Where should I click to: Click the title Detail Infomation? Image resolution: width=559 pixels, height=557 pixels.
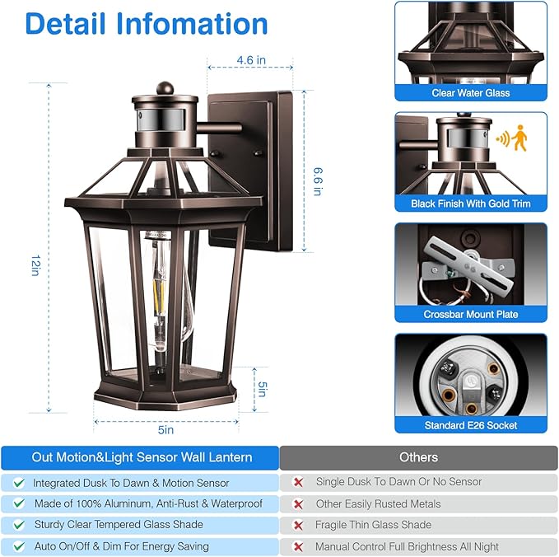(147, 23)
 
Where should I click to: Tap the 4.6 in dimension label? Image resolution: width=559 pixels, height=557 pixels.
(250, 60)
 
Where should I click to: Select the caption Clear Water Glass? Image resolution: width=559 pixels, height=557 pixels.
(470, 93)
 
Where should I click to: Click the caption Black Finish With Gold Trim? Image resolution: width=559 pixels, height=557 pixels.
(470, 204)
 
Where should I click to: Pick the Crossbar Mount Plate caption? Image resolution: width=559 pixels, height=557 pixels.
(470, 314)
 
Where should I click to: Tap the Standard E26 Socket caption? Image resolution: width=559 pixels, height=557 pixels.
(470, 425)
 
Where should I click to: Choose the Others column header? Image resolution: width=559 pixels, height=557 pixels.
(418, 457)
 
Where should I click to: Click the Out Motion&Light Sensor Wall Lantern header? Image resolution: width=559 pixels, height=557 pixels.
(142, 457)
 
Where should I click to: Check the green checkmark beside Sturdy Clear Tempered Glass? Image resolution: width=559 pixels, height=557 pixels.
(18, 525)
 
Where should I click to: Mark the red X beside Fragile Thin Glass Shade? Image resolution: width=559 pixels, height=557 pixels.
(298, 525)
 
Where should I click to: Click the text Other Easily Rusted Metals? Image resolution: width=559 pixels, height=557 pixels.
(378, 503)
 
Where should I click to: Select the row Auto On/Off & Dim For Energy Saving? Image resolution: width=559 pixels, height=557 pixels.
(121, 546)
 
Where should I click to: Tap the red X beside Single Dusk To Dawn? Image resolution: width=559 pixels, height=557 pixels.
(298, 482)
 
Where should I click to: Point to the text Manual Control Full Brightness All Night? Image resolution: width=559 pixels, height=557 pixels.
(407, 546)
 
